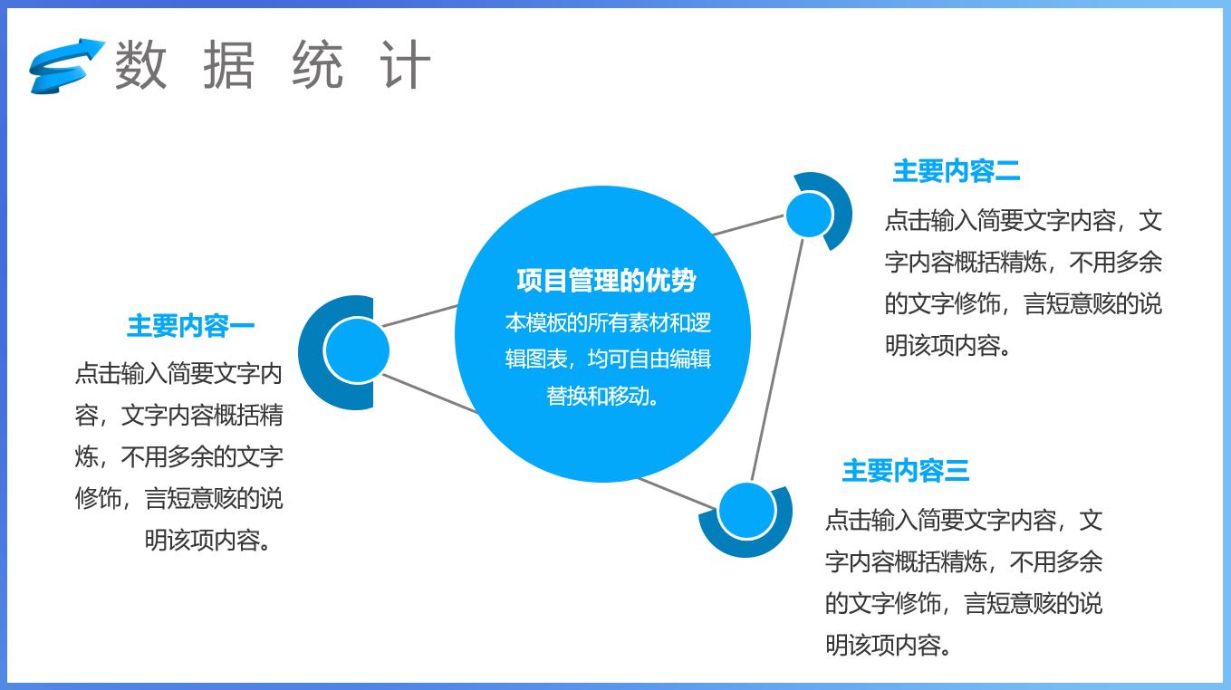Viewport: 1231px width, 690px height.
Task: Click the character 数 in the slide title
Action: point(141,65)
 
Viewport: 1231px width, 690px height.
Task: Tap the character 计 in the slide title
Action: point(405,65)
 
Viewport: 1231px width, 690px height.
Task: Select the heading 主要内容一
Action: point(190,326)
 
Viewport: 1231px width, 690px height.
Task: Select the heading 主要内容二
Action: point(956,170)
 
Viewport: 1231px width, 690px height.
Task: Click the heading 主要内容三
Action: point(905,471)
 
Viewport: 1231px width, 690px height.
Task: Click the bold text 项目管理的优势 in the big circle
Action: point(605,280)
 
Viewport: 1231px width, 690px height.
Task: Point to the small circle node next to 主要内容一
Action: point(355,351)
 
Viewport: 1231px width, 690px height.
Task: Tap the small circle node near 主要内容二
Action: point(808,215)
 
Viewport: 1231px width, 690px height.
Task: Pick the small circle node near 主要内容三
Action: point(746,510)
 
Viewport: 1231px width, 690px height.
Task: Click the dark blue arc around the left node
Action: point(313,353)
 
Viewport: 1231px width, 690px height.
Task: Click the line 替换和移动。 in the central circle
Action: point(602,397)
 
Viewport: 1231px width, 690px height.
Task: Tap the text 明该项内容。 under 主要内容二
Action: point(947,346)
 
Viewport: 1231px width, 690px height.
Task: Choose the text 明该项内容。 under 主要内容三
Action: point(888,645)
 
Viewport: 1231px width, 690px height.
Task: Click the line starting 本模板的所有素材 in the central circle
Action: point(607,323)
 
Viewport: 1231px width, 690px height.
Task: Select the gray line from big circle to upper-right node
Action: point(748,225)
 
